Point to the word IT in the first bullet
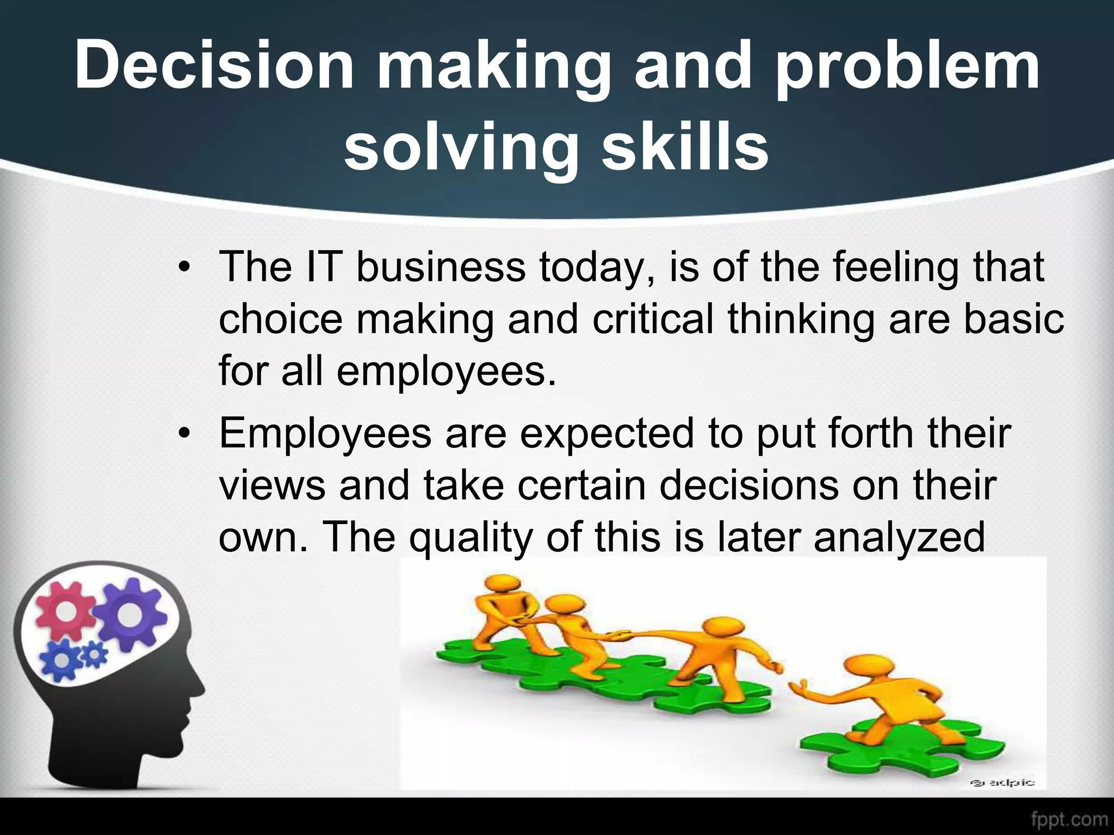tap(323, 267)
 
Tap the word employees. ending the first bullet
tap(446, 373)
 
